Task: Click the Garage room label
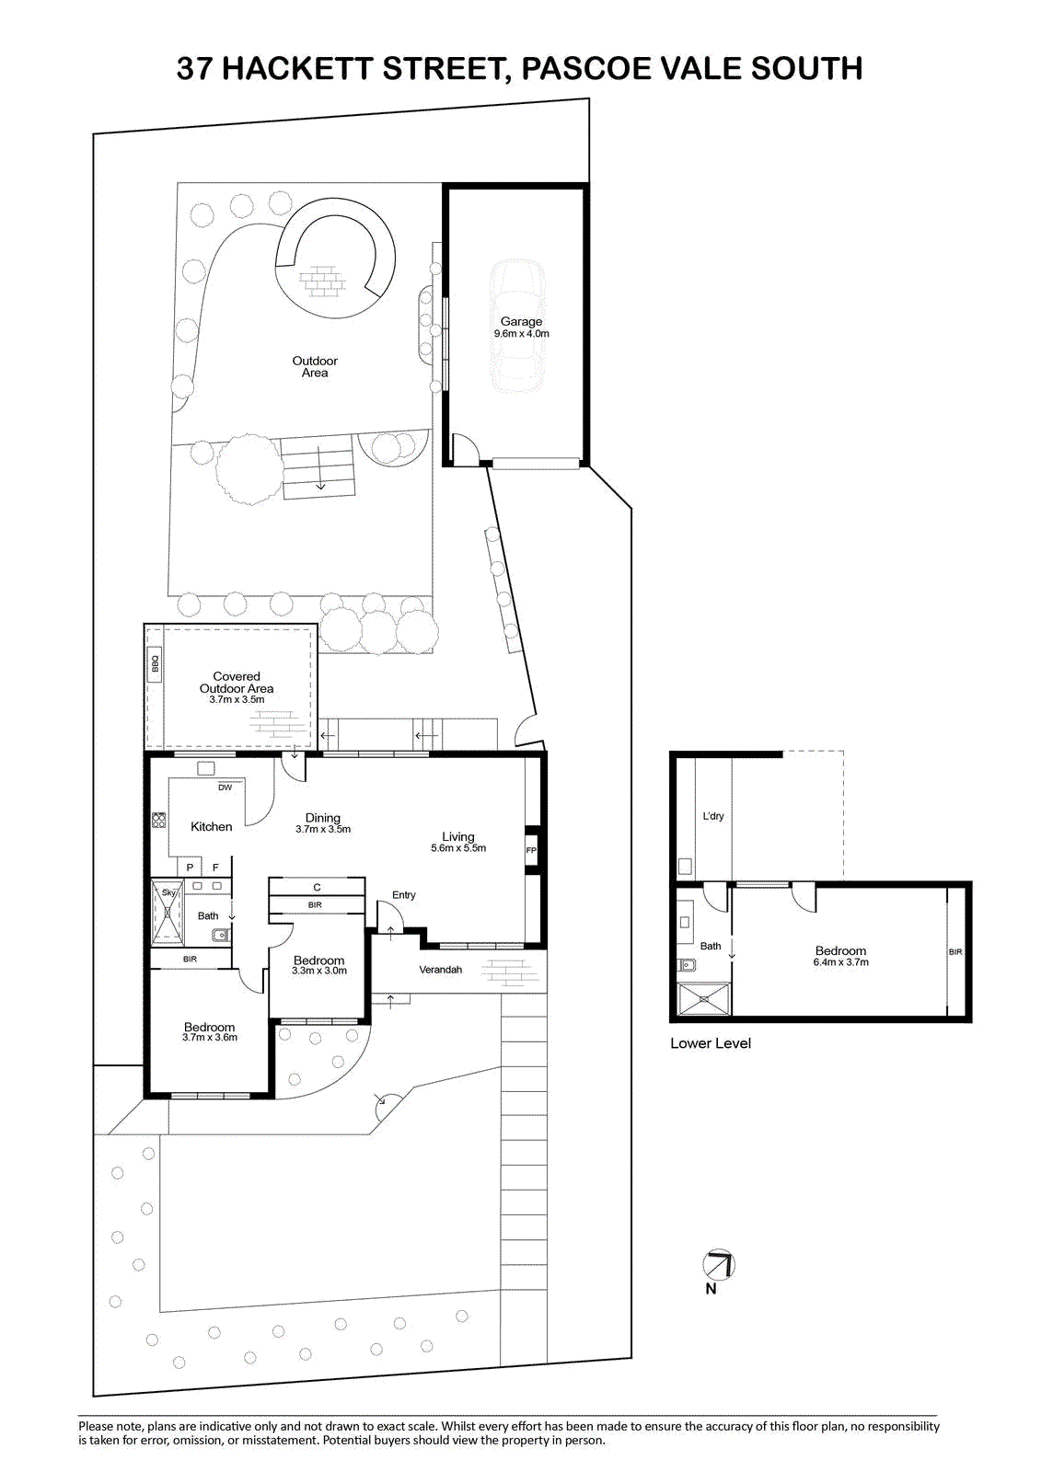tap(522, 321)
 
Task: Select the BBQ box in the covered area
tap(156, 664)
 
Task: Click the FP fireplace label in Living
tap(531, 850)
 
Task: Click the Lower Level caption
tap(711, 1043)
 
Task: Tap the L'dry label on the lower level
tap(712, 815)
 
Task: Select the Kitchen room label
tap(211, 827)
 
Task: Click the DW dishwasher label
tap(225, 788)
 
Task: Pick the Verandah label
tap(441, 970)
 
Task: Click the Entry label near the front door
tap(404, 895)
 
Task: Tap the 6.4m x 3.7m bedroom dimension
tap(840, 962)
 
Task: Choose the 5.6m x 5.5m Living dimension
tap(458, 847)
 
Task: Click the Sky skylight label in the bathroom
tap(169, 892)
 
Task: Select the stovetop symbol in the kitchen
tap(158, 820)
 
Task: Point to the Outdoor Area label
tap(315, 367)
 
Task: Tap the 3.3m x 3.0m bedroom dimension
tap(319, 971)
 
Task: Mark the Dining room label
tap(323, 818)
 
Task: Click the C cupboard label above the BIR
tap(317, 887)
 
